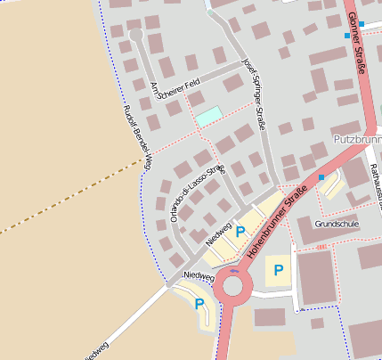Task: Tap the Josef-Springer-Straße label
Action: [255, 94]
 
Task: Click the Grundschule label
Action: [337, 224]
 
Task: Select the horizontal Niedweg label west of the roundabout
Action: [199, 277]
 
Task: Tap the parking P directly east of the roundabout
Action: [279, 270]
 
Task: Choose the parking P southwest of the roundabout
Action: [199, 304]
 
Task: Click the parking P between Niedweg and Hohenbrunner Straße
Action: [240, 232]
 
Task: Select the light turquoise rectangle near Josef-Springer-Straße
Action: [207, 115]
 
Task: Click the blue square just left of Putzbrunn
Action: [321, 177]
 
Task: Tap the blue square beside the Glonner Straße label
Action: [346, 36]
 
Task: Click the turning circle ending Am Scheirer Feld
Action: [136, 35]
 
